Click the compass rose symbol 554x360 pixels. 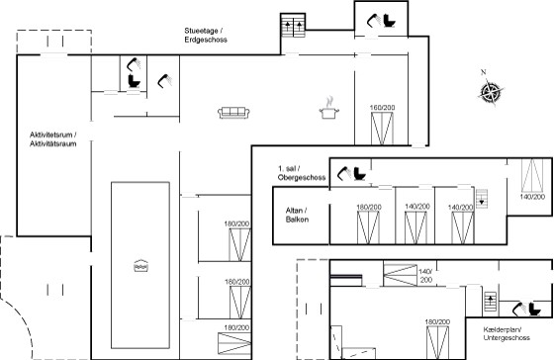[491, 92]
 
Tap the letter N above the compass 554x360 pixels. [484, 72]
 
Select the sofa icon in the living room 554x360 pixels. [233, 113]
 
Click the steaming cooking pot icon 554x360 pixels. [328, 108]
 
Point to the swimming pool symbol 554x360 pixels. [140, 266]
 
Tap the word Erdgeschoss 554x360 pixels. [206, 40]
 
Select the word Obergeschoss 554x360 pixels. [302, 177]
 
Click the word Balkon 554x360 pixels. [297, 220]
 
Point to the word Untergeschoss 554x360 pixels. [507, 337]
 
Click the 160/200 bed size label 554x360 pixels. [382, 108]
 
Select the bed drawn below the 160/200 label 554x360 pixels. [382, 129]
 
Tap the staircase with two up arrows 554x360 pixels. [293, 26]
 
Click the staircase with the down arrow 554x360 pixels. [481, 199]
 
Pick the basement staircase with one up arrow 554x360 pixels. [490, 302]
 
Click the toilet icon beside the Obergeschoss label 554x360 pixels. [360, 174]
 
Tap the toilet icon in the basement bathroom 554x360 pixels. [534, 310]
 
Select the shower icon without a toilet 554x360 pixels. [164, 81]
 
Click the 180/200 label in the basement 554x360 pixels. [437, 321]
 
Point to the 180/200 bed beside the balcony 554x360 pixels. [368, 227]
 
